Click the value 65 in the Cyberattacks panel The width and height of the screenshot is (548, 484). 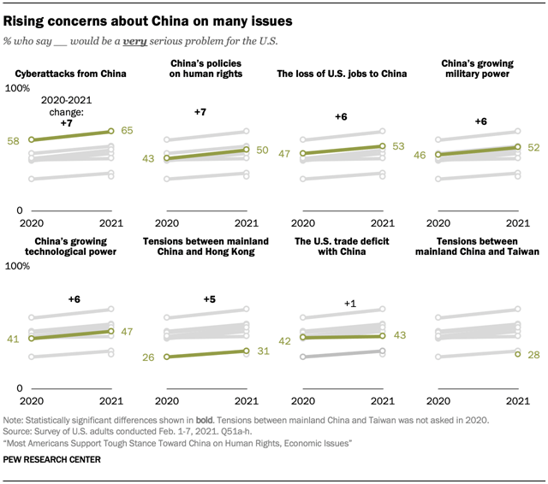[x=126, y=131]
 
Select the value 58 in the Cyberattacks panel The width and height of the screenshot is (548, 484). [x=15, y=139]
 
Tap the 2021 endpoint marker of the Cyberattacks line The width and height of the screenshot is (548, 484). [x=110, y=131]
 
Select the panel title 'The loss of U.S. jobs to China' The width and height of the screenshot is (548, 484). [x=342, y=74]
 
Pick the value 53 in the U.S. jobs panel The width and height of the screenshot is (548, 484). [x=398, y=146]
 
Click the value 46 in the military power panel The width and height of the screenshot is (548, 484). [x=420, y=156]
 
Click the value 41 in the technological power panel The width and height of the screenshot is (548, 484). [x=15, y=339]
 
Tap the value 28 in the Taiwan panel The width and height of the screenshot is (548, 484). [x=534, y=355]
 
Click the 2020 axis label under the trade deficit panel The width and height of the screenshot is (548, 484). [x=302, y=400]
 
